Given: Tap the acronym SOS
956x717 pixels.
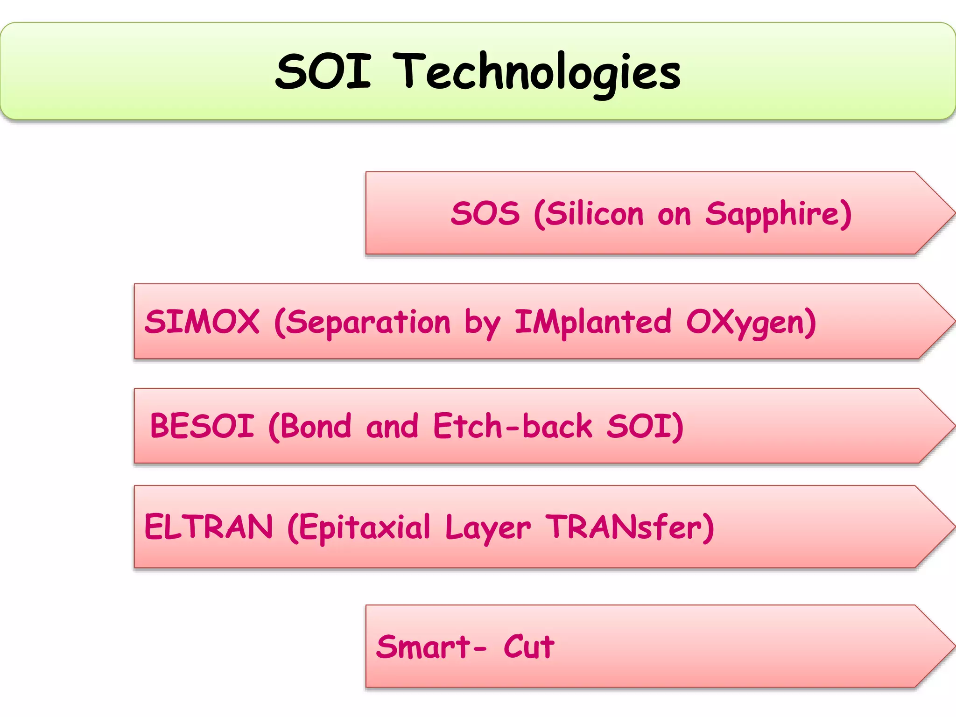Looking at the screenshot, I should (485, 214).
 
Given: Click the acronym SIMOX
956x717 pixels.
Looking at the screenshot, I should (202, 322).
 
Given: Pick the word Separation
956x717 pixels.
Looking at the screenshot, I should (367, 323).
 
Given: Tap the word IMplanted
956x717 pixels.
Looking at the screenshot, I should (593, 323).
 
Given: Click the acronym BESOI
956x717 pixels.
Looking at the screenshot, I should (202, 426).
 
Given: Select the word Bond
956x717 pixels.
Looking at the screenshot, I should (316, 426).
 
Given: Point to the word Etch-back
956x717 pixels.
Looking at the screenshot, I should (513, 426).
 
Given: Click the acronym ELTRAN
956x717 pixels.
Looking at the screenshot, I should (208, 527).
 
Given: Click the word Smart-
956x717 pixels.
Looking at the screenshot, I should (431, 647).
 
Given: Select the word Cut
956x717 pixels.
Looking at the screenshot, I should (528, 647).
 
